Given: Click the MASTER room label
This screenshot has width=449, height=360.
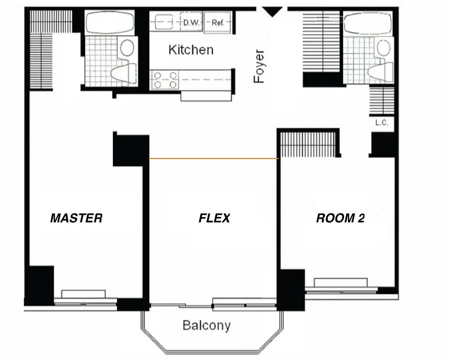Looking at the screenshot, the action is (x=76, y=218).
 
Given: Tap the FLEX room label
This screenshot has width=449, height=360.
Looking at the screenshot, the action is (x=214, y=218).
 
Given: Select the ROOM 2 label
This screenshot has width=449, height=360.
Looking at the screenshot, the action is (x=340, y=218).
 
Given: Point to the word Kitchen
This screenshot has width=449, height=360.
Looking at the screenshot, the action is (x=191, y=50).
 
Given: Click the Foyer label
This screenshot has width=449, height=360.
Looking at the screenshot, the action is (x=259, y=67).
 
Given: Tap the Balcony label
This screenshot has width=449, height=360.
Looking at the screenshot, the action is (x=207, y=326).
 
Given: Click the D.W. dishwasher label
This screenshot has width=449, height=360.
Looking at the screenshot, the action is (x=191, y=23).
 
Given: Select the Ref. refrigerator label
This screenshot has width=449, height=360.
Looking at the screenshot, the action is (x=217, y=23).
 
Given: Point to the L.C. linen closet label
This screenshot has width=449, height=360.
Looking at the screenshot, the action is (x=382, y=123).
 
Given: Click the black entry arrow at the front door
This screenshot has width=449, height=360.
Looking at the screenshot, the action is (x=272, y=12).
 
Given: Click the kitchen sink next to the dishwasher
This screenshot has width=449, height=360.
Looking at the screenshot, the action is (x=164, y=22).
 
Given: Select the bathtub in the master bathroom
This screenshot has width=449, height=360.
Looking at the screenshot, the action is (x=110, y=23).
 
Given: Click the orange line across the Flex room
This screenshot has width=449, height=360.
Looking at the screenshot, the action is (x=214, y=158).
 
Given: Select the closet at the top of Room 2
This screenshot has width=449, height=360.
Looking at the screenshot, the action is (x=308, y=144).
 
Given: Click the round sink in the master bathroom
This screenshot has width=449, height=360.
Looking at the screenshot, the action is (x=127, y=47).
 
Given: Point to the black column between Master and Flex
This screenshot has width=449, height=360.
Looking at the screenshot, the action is (x=131, y=150).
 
